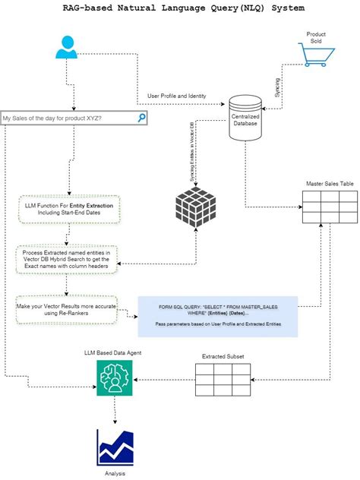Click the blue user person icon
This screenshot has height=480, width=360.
pos(67,47)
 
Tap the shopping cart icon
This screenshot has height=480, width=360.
pos(315,55)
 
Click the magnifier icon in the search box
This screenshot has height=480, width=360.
pos(141,118)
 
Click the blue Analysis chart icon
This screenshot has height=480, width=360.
pos(115,450)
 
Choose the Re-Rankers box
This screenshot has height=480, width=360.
pos(67,310)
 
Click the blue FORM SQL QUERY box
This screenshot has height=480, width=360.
pos(217,316)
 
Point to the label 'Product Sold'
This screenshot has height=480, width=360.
pos(316,37)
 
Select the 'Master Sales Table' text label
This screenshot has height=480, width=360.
pos(329,183)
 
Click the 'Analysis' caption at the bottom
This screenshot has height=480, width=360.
pos(115,473)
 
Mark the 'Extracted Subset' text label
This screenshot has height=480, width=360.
pos(223,355)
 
